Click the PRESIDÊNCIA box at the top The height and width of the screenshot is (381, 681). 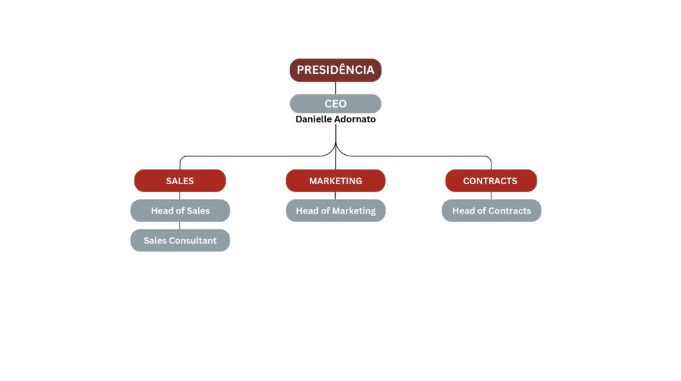(335, 70)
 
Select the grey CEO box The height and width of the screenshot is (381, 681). (335, 104)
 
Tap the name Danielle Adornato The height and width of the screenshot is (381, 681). (335, 120)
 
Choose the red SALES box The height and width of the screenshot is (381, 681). (180, 181)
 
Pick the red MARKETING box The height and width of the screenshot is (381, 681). (335, 181)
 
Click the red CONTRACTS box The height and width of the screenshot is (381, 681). (490, 181)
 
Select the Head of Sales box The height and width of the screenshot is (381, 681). (180, 211)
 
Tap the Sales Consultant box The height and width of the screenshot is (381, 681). (180, 241)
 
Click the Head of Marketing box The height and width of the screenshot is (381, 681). (335, 211)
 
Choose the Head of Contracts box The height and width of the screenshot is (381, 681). (491, 211)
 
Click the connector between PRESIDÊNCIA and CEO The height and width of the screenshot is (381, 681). (335, 88)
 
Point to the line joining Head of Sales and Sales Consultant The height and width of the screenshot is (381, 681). (180, 225)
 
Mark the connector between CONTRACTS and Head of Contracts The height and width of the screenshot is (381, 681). (491, 195)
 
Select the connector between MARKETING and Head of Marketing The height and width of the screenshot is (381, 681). (335, 195)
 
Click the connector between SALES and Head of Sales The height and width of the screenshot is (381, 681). (180, 195)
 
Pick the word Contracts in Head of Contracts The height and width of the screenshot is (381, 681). (509, 211)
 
